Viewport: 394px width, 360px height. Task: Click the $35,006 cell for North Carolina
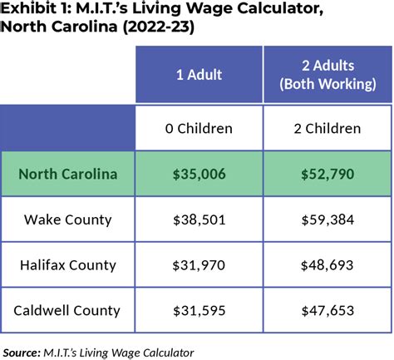(199, 174)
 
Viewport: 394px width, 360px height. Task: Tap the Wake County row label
(67, 219)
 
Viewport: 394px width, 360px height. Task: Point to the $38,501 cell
(199, 219)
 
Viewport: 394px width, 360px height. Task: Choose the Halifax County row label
(67, 265)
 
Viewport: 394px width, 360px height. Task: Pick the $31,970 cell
(199, 265)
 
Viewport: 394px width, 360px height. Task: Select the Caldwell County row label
(67, 311)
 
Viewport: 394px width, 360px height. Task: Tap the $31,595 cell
(199, 311)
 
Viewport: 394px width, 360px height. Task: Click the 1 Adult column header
(199, 75)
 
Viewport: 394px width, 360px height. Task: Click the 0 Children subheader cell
(199, 128)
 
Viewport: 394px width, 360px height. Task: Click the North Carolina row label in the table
(67, 174)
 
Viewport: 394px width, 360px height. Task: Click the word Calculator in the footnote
(166, 350)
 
